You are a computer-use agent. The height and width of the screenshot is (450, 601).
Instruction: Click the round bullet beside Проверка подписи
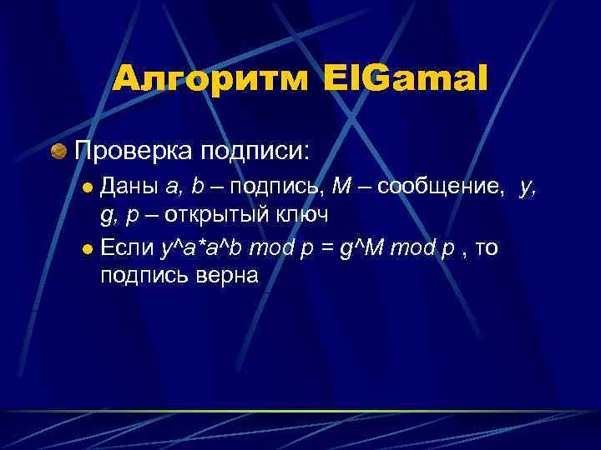coord(58,152)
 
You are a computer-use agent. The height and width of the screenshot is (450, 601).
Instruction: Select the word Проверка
coord(134,152)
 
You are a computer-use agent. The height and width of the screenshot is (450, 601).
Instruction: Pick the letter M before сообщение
coord(341,187)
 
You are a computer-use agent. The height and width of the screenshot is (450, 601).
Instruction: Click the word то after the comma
coord(486,247)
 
